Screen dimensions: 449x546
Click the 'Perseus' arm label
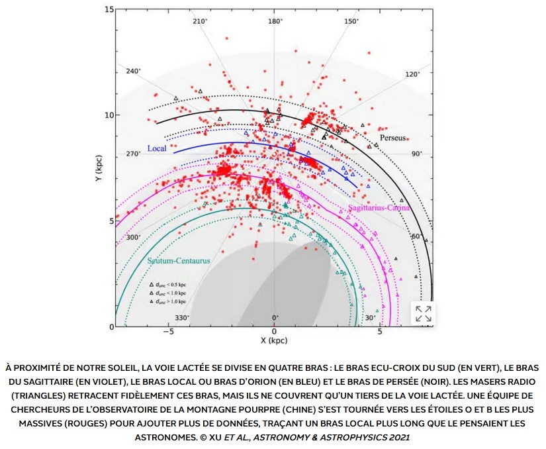[393, 138]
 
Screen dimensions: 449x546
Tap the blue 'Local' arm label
[157, 148]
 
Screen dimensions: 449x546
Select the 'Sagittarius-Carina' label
[379, 207]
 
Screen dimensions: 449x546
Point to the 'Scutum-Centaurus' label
[179, 261]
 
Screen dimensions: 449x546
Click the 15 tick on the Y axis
[109, 9]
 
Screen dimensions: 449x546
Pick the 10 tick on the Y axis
[109, 115]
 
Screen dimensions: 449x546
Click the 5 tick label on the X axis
[380, 332]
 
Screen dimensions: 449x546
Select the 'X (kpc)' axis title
[273, 340]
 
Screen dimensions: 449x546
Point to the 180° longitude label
[275, 22]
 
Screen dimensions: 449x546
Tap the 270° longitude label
[134, 154]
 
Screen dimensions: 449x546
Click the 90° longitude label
[416, 154]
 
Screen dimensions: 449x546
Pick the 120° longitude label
[412, 75]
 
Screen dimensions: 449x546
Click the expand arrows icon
[423, 314]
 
